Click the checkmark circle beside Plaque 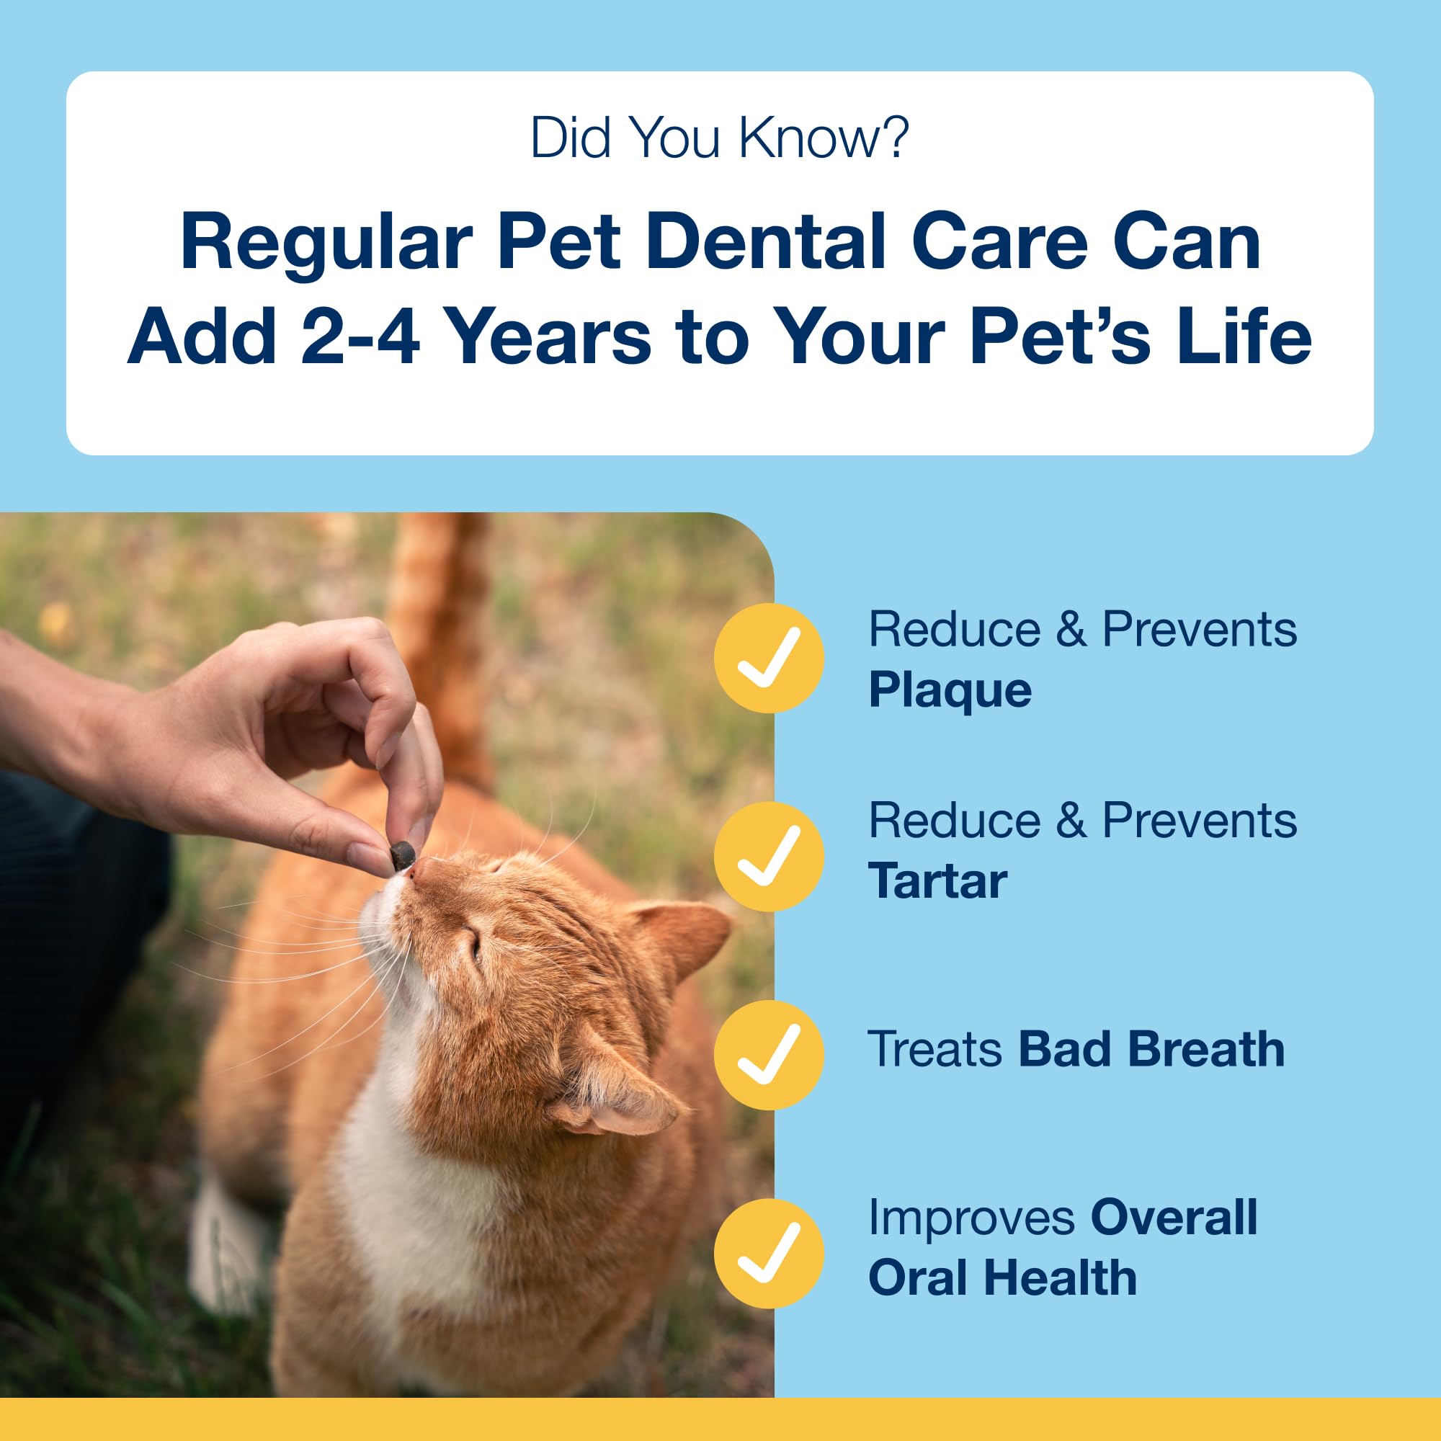(x=769, y=658)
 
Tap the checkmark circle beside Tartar (x=769, y=856)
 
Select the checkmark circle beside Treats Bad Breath (x=769, y=1055)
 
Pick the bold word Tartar (x=937, y=882)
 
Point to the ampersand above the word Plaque (x=1071, y=630)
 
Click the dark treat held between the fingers (x=403, y=855)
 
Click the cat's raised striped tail (x=440, y=634)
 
